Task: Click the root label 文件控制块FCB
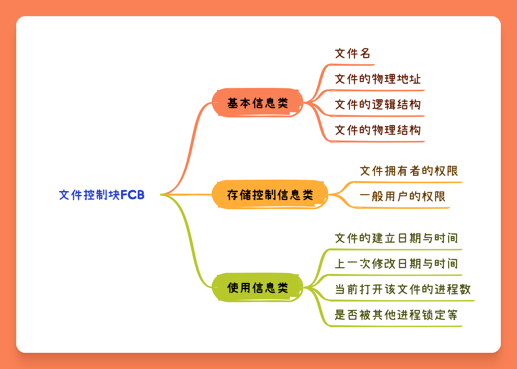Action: click(x=102, y=195)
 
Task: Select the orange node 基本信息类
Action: click(x=257, y=103)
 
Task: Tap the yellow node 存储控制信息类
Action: click(x=270, y=195)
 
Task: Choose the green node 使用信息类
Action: click(x=257, y=287)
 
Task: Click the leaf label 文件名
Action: click(x=352, y=53)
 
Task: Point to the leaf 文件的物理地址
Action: click(x=378, y=79)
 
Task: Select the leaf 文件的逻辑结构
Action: click(x=378, y=104)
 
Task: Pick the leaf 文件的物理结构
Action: click(x=378, y=130)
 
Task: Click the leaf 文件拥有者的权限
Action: click(x=409, y=171)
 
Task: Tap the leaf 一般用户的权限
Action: click(x=402, y=196)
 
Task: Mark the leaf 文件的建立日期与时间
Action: click(x=396, y=238)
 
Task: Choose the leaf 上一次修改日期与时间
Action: click(x=396, y=264)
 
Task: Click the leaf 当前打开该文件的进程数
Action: click(x=403, y=289)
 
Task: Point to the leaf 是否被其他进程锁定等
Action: click(x=396, y=315)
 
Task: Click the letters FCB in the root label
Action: click(x=133, y=195)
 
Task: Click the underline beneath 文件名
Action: click(x=352, y=64)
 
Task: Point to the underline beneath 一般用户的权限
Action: click(x=402, y=208)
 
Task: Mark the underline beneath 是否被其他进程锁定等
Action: click(x=396, y=326)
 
